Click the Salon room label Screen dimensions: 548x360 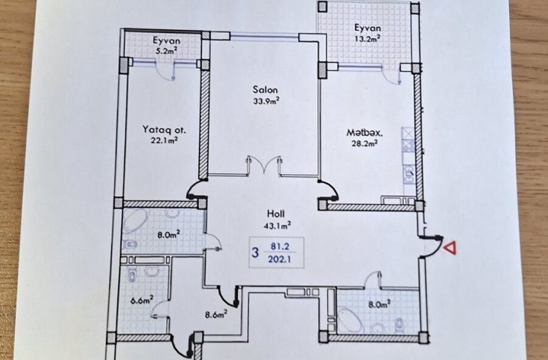(x=265, y=90)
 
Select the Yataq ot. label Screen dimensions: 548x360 (x=164, y=130)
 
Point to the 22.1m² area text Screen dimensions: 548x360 (x=164, y=141)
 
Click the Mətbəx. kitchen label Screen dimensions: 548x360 (x=365, y=133)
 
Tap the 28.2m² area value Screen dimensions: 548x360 (x=364, y=143)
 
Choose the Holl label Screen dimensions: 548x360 (x=276, y=213)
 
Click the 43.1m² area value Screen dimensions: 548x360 (x=278, y=226)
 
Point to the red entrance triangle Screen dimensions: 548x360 (x=450, y=247)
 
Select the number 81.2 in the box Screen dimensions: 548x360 (x=280, y=247)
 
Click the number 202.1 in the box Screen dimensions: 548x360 (x=280, y=259)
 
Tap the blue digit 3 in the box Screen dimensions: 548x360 (x=255, y=252)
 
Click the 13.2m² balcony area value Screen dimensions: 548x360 (x=367, y=38)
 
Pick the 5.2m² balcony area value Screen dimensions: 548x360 (x=166, y=51)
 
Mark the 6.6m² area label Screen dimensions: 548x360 (x=142, y=300)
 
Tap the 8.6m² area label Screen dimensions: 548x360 (x=216, y=314)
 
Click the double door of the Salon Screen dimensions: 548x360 (x=264, y=164)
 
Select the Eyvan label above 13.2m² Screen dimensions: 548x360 (x=368, y=28)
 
